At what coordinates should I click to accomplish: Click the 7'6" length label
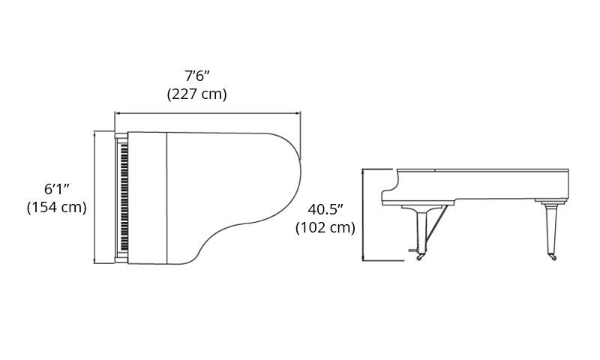point(197,76)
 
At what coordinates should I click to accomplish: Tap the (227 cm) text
point(197,94)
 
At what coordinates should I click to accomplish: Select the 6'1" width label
point(57,189)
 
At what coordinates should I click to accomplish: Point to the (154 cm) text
point(57,207)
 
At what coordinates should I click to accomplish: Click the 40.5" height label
point(325,210)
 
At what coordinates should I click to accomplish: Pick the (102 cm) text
point(325,228)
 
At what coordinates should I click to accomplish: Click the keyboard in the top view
point(124,197)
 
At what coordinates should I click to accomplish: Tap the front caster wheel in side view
point(420,257)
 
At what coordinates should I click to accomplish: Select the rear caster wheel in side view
point(553,257)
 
